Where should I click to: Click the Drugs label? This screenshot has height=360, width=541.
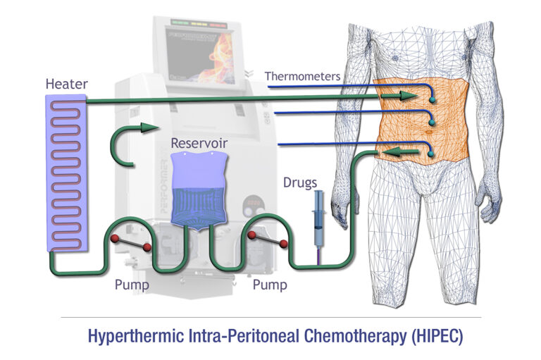coord(299,182)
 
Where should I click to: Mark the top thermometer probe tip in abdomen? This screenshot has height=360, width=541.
coord(432,101)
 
